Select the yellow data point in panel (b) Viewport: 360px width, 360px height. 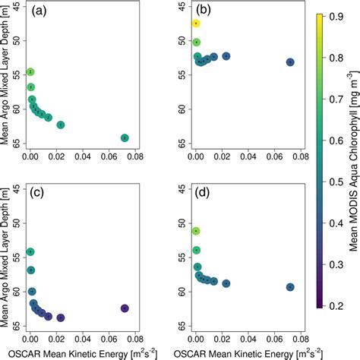pos(196,24)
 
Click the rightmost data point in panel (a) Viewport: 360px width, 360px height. pos(125,137)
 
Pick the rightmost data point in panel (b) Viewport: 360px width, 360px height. pos(290,62)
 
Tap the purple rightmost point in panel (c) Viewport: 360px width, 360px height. pos(125,308)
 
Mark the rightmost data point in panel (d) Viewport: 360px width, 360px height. pos(290,287)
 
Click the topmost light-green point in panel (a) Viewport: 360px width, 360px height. pos(30,72)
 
